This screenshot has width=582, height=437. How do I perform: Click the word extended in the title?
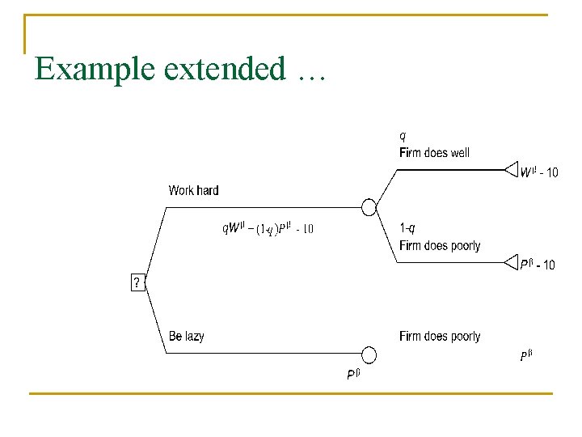pos(224,69)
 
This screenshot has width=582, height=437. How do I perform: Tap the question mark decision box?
pos(137,282)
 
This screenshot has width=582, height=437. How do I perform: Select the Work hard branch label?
pos(193,191)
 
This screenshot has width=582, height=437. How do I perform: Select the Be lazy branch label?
pos(187,336)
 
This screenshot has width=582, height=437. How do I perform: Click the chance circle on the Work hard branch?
pos(369,207)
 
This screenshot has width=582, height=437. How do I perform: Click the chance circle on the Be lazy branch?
pos(369,354)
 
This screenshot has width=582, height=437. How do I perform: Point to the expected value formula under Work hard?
pos(268,229)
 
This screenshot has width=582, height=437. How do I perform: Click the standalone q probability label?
pos(403,135)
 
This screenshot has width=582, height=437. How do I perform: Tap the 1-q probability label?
pos(408,228)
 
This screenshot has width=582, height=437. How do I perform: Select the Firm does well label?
pos(434,152)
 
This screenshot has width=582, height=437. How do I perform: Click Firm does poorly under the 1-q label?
pos(440,245)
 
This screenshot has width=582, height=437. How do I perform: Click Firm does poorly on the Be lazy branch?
pos(440,336)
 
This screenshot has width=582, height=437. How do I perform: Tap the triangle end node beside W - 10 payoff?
pos(511,169)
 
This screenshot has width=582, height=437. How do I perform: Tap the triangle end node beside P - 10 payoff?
pos(511,261)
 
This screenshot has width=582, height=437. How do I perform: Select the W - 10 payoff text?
pos(539,172)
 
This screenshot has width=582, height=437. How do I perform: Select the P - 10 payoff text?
pos(538,265)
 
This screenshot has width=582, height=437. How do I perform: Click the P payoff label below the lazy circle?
pos(353,374)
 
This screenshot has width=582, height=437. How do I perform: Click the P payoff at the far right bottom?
pos(526,354)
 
